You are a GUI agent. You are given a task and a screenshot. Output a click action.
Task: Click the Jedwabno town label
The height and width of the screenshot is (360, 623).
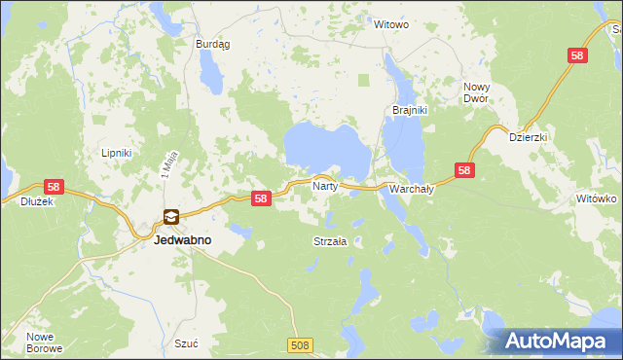(x=184, y=238)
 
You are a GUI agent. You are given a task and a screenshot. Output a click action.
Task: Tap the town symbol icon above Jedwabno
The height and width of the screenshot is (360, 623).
(x=170, y=217)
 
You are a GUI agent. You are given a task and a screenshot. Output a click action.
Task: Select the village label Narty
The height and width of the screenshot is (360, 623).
(x=324, y=184)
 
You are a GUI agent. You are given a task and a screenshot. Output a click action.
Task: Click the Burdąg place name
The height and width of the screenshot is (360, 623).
(x=212, y=44)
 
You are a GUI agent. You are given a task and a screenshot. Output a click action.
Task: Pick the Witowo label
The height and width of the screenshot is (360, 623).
(x=391, y=24)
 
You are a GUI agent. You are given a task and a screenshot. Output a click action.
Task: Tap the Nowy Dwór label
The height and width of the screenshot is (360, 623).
(x=476, y=92)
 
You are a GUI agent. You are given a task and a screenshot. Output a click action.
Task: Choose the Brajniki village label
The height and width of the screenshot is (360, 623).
(x=410, y=110)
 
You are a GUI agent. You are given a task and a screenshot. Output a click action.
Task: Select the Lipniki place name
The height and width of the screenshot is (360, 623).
(x=116, y=153)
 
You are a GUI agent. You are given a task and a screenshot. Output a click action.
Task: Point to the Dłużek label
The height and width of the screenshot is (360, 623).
(x=36, y=202)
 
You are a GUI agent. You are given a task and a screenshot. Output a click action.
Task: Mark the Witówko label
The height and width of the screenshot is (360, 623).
(x=597, y=198)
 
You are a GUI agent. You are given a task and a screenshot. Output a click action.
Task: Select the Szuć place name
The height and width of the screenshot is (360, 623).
(x=186, y=343)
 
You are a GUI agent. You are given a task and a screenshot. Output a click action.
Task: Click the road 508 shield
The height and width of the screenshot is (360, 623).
(x=300, y=344)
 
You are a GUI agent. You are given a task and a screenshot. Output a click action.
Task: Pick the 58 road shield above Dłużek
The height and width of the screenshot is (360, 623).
(x=53, y=186)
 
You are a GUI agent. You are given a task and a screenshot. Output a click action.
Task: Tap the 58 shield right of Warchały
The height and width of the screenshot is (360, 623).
(x=465, y=170)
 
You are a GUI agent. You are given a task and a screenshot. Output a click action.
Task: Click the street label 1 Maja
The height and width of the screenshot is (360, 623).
(x=166, y=168)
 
